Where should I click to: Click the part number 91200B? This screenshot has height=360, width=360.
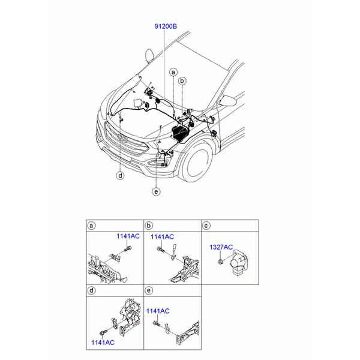tap(166, 26)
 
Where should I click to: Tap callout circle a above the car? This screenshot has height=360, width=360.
tap(173, 73)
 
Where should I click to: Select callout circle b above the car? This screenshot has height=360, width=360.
tap(182, 81)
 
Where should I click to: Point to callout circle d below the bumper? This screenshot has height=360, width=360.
tap(120, 176)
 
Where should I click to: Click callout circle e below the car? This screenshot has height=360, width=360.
tap(156, 191)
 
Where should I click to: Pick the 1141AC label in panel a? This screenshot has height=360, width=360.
tap(128, 236)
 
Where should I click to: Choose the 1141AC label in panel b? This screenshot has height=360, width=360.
tap(163, 237)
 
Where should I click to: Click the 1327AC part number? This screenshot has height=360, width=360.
tap(221, 247)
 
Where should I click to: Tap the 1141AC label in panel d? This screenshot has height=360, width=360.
tap(103, 343)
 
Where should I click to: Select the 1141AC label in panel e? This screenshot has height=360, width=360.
tap(158, 311)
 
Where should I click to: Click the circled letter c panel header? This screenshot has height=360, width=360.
tap(206, 226)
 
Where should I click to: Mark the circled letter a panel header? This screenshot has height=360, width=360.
tap(91, 226)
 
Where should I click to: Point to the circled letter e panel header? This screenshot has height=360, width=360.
tap(149, 290)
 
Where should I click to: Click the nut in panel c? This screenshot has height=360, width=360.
tap(220, 261)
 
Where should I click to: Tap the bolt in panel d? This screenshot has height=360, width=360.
tap(103, 332)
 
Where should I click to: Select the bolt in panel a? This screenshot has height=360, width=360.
tap(128, 248)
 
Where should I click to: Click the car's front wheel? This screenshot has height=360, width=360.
tap(197, 163)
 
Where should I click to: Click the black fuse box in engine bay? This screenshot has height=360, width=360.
tap(180, 133)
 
